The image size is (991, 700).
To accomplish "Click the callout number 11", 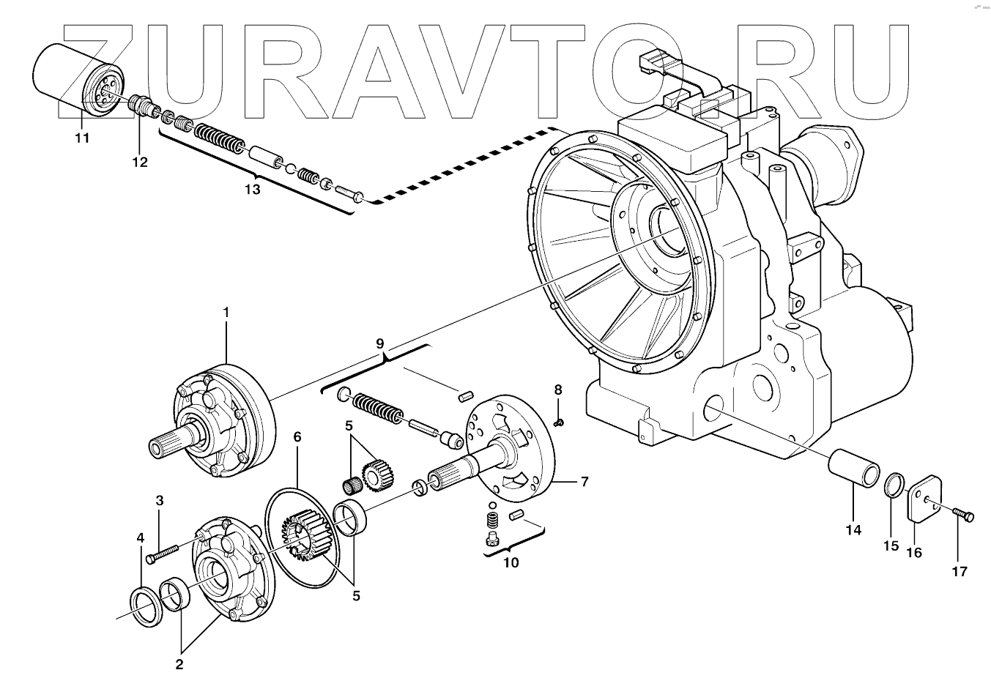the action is tap(82, 138).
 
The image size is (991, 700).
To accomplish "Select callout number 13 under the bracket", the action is tap(252, 190).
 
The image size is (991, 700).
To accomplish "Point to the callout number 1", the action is tap(226, 313).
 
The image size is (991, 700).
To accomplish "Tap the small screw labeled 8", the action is tap(558, 421).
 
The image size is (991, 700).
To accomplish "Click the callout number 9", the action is tap(379, 343).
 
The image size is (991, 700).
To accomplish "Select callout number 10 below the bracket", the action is tap(511, 562).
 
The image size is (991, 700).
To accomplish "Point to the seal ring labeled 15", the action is tap(893, 485).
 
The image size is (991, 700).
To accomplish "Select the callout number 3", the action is tap(159, 501).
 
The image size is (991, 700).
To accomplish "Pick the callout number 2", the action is tap(179, 665).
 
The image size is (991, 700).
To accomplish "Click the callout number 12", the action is tap(140, 162).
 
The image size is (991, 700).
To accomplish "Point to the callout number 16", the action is tap(914, 553).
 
